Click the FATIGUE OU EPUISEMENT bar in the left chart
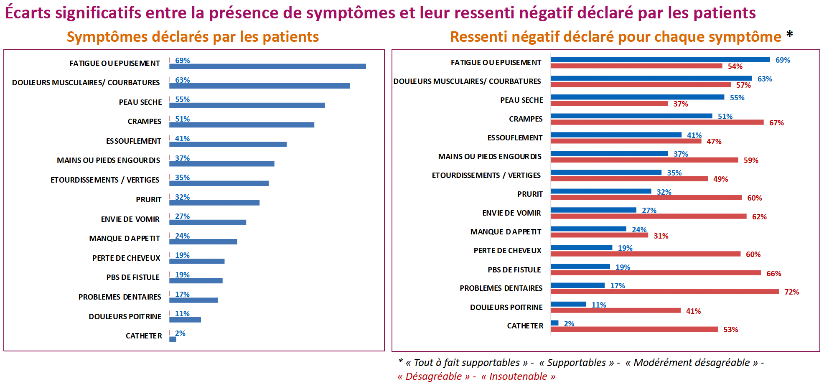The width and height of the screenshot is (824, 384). click(x=267, y=66)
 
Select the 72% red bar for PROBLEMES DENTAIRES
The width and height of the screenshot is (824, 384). click(x=664, y=292)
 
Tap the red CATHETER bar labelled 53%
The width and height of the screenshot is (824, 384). click(x=634, y=329)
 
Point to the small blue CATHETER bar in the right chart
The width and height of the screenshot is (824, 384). click(x=554, y=323)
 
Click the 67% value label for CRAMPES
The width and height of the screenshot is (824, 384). click(x=776, y=123)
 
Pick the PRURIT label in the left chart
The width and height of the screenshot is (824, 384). click(x=148, y=200)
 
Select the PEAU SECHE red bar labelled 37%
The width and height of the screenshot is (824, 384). click(x=609, y=104)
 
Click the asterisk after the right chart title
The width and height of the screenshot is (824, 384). click(x=789, y=35)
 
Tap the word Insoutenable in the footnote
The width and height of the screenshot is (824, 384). click(x=518, y=376)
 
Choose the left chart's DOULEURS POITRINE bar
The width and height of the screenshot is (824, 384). click(x=185, y=320)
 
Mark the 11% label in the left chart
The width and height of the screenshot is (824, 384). click(x=182, y=314)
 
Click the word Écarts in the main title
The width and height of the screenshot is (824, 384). click(x=28, y=13)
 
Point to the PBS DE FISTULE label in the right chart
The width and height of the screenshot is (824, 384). click(x=514, y=270)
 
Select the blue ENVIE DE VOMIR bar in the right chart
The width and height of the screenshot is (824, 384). click(x=593, y=210)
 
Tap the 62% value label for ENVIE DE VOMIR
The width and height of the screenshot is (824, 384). click(x=759, y=217)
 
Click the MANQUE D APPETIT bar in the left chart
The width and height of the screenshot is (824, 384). click(x=203, y=242)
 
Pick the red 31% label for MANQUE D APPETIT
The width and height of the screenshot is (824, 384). click(x=661, y=236)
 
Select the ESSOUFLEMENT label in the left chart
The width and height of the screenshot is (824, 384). click(x=133, y=141)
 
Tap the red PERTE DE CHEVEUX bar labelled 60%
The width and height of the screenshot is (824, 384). click(x=645, y=254)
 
